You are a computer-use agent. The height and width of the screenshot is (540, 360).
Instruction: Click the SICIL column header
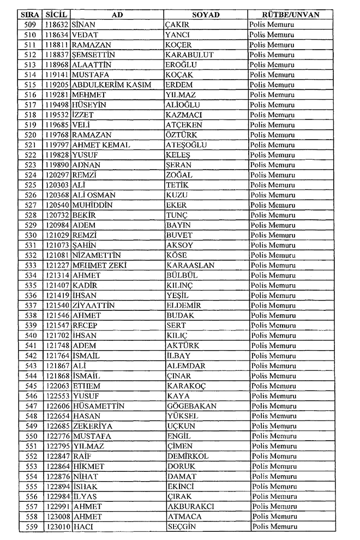[x=57, y=15]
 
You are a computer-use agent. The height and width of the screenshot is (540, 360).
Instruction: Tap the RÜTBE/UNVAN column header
[x=291, y=15]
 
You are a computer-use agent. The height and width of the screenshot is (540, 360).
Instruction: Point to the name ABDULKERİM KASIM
[x=111, y=85]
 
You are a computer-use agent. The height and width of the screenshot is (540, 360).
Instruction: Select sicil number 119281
[x=57, y=95]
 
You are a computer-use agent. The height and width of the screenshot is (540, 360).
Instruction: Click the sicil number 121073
[x=57, y=245]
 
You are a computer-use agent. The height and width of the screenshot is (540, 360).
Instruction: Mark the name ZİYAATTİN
[x=93, y=305]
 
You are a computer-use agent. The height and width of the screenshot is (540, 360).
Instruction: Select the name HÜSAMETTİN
[x=98, y=406]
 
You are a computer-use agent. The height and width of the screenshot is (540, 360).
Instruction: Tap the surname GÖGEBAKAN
[x=191, y=406]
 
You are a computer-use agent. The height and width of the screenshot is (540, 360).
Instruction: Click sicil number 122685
[x=57, y=426]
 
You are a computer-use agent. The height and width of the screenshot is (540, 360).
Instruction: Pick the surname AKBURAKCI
[x=190, y=507]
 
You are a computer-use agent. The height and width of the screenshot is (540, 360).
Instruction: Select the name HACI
[x=83, y=527]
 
